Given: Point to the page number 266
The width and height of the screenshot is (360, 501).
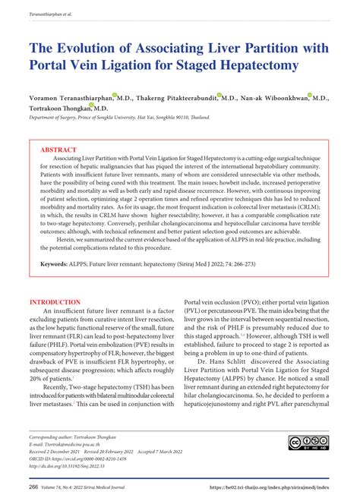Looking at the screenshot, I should (x=34, y=486).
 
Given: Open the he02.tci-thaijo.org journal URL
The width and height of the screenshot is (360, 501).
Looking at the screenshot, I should (x=273, y=486).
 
